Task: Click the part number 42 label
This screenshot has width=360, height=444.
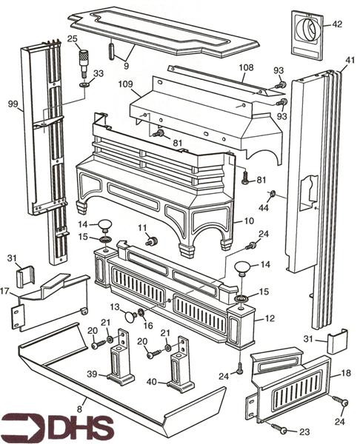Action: tap(337, 24)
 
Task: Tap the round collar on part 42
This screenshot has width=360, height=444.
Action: tap(309, 30)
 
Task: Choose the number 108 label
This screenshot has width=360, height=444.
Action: tap(245, 68)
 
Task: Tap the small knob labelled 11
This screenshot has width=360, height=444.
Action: tap(153, 241)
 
